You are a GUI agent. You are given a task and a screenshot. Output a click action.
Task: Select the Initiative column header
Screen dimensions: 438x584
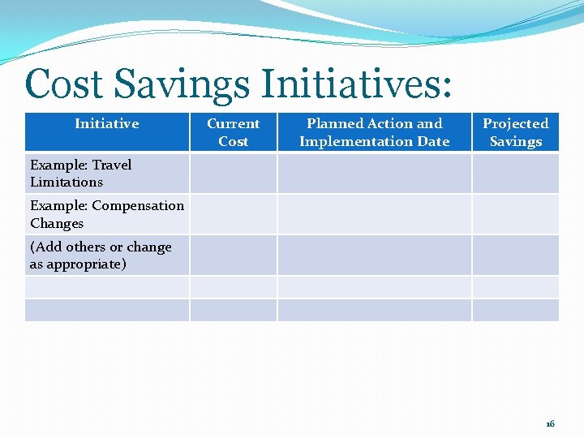pos(107,124)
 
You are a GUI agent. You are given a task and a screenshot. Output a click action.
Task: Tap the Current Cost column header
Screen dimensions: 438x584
pos(234,132)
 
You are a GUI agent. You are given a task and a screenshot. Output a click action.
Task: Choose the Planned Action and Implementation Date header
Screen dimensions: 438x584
pos(374,132)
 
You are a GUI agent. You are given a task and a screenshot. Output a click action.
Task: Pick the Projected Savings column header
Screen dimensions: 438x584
pos(515,132)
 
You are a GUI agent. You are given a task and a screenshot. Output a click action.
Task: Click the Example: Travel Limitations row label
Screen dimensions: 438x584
pos(81,174)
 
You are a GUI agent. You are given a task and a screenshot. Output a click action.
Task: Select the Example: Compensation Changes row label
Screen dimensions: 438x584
pos(107,214)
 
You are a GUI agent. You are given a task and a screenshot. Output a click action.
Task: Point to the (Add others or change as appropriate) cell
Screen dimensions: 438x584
pos(101,255)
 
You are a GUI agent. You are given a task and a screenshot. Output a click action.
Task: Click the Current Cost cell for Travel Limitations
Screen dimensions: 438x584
pos(234,174)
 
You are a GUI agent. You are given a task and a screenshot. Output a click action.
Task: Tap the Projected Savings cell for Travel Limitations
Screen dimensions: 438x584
pos(515,174)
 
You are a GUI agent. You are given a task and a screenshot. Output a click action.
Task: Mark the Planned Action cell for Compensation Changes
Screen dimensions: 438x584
pos(374,214)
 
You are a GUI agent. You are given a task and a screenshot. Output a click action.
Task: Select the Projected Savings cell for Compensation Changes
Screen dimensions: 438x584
pos(515,214)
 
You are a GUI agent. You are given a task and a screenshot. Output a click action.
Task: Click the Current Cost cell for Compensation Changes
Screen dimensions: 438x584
pos(234,214)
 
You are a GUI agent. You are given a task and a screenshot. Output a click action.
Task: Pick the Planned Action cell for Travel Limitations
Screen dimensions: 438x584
pos(374,174)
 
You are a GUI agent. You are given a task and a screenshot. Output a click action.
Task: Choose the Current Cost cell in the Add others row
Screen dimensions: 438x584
pos(234,255)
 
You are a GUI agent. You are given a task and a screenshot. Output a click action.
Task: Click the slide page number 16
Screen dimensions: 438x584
pos(550,424)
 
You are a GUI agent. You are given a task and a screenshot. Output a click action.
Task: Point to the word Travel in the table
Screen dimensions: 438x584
pos(112,165)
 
